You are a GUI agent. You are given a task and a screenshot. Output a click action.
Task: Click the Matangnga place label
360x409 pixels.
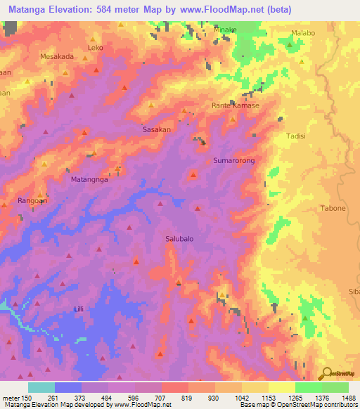pyautogui.click(x=89, y=179)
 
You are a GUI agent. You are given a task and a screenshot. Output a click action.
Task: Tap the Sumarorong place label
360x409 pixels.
pyautogui.click(x=233, y=161)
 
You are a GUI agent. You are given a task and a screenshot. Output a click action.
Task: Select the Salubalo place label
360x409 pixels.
pyautogui.click(x=179, y=238)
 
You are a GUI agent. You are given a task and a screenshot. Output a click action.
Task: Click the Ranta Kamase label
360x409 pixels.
pyautogui.click(x=236, y=105)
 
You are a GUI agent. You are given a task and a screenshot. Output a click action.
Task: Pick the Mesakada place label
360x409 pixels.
pyautogui.click(x=57, y=57)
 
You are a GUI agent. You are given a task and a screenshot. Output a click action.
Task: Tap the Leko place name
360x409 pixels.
pyautogui.click(x=95, y=48)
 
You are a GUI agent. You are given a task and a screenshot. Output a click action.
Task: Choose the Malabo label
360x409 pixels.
pyautogui.click(x=304, y=33)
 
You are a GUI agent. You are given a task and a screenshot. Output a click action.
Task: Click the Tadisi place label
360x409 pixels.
pyautogui.click(x=296, y=136)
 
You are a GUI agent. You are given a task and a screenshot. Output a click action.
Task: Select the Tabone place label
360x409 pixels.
pyautogui.click(x=333, y=208)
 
